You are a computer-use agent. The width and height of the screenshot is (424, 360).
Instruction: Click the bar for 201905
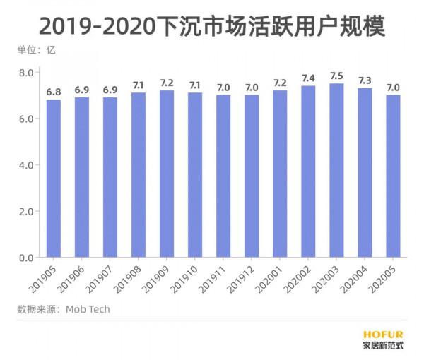coord(54,179)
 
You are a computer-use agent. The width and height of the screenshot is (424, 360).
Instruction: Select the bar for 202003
coord(336,171)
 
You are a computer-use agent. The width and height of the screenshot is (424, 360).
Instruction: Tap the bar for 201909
coord(167,174)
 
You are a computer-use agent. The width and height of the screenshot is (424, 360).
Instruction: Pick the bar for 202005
coord(393,176)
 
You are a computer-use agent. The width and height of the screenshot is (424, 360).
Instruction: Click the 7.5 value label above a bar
coord(336,76)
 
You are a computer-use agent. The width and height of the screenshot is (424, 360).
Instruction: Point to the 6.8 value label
coord(54,92)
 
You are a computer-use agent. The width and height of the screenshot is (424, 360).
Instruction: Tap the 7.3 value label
coord(365,80)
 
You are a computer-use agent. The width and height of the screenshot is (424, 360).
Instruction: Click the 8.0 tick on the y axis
coord(27,73)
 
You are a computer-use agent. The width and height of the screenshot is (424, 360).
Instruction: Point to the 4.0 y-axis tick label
coord(27,165)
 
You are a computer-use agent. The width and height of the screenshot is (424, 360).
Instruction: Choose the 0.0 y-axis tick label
coord(27,258)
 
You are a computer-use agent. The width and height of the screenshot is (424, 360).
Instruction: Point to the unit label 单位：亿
coord(36,49)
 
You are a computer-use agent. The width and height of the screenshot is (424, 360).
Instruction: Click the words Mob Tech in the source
coord(88,309)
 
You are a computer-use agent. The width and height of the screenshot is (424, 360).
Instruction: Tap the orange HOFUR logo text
coord(383,335)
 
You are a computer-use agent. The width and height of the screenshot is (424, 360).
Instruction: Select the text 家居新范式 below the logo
coord(383,346)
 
